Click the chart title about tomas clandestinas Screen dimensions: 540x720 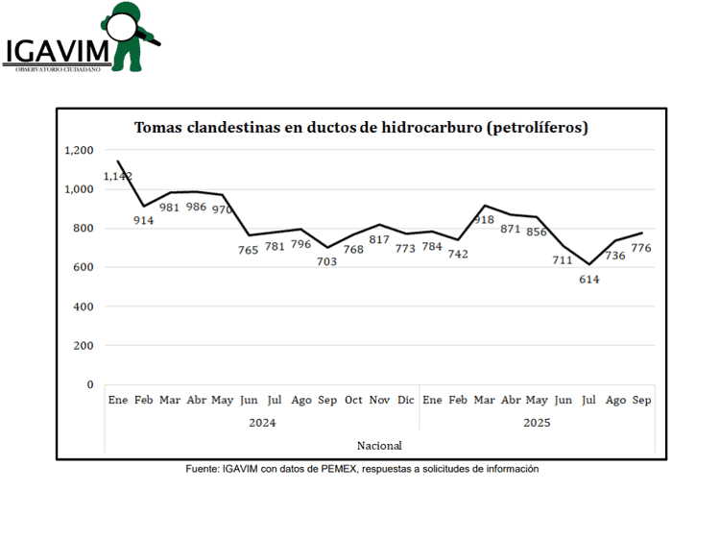click(x=361, y=127)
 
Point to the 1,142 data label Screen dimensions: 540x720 click(x=118, y=177)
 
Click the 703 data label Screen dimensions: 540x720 click(x=327, y=261)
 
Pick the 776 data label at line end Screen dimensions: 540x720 click(x=641, y=248)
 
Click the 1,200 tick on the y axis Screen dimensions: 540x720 click(x=80, y=150)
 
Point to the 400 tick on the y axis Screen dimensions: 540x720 click(x=84, y=307)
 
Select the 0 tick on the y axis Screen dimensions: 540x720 click(x=91, y=384)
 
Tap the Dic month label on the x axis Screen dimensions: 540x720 click(x=405, y=400)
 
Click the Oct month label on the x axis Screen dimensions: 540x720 click(x=353, y=400)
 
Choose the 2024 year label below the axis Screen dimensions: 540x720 click(x=262, y=422)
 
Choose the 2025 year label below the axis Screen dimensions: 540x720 click(x=537, y=422)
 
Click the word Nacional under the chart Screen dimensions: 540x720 click(x=379, y=445)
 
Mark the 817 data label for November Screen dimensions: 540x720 click(x=380, y=240)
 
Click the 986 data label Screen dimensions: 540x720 click(x=196, y=207)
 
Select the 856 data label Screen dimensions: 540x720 click(x=537, y=232)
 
